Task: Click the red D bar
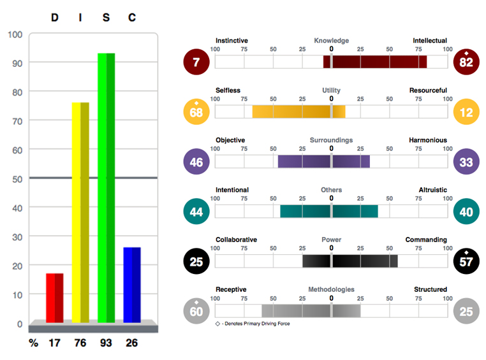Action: coord(55,298)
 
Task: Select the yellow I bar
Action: coord(80,213)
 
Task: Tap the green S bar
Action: coord(106,188)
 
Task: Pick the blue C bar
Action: coord(132,285)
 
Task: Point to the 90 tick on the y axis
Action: coord(17,64)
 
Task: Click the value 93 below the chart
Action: coord(106,343)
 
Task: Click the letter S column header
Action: coord(106,17)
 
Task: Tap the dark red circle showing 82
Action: coord(466,62)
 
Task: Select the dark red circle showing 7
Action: coord(196,62)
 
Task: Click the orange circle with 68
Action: coord(196,112)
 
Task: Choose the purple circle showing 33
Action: coord(466,162)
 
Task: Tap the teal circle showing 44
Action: coord(196,212)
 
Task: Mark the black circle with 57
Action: coord(466,261)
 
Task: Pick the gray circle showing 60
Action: coord(196,311)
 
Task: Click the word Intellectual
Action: coord(430,41)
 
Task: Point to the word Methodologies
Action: coord(331,289)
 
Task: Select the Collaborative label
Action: coord(236,240)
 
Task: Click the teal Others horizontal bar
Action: coord(329,212)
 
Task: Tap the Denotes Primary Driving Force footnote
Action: coord(253,324)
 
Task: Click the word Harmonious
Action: coord(428,140)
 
